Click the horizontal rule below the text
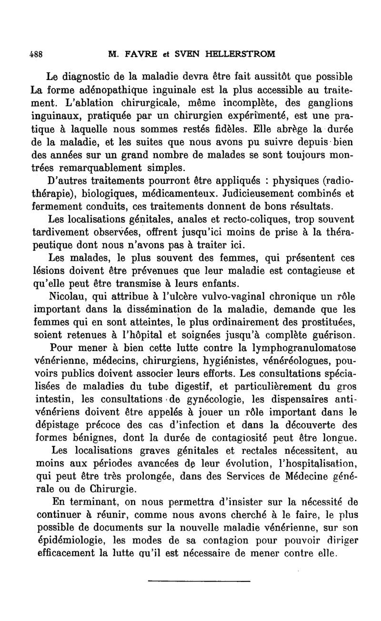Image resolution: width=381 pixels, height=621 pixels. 199,581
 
